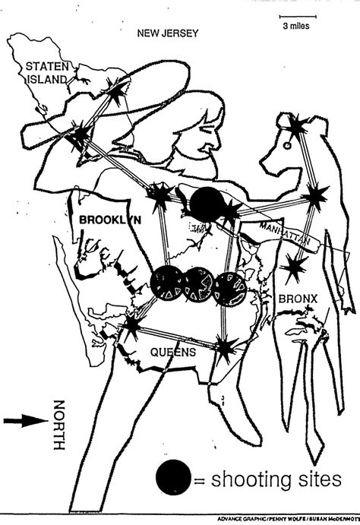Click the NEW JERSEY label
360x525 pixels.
coord(168,33)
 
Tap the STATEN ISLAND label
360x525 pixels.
coord(47,73)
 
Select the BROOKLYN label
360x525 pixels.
coord(110,220)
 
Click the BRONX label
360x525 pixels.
coord(298,299)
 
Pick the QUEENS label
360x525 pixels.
coord(173,352)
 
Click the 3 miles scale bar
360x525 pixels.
coord(298,16)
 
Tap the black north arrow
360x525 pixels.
coord(26,421)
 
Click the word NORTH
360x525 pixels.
coord(59,425)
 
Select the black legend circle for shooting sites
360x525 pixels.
coord(173,477)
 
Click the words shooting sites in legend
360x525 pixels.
coord(276,479)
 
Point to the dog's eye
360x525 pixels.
coord(287,146)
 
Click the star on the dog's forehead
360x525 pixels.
coord(296,127)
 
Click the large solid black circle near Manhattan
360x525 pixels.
coord(207,204)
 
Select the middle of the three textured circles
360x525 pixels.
coord(199,285)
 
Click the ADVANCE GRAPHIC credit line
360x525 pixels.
coord(289,519)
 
